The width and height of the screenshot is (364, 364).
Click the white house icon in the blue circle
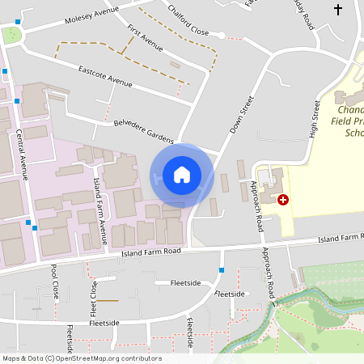(181, 175)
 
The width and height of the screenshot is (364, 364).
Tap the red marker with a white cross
(282, 199)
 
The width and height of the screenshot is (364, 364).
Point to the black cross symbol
(338, 10)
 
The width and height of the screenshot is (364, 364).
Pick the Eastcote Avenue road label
(105, 77)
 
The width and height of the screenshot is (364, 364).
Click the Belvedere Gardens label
(143, 130)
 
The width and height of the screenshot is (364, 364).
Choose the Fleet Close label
(93, 298)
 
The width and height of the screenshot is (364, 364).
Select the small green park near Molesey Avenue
(11, 35)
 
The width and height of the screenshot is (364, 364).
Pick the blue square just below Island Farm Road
(222, 269)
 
